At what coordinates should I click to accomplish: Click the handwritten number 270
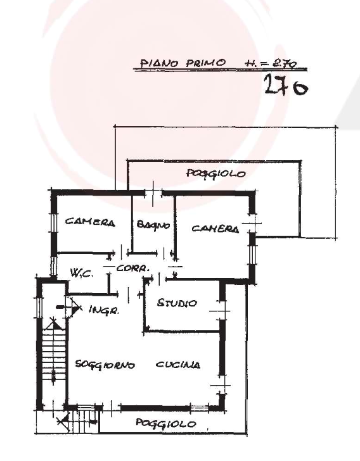[286, 85]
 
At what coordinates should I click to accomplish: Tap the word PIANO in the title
[159, 63]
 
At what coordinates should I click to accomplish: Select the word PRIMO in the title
[206, 63]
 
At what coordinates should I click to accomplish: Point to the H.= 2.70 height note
[270, 63]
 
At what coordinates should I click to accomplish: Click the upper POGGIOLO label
[216, 174]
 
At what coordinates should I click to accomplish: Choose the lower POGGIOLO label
[165, 424]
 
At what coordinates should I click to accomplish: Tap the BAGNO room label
[153, 225]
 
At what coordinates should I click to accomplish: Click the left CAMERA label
[90, 222]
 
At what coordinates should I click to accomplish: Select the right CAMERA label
[215, 229]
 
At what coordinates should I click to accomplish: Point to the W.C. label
[82, 273]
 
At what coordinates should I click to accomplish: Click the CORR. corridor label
[132, 268]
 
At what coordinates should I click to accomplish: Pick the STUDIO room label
[177, 303]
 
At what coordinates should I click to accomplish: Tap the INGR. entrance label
[104, 310]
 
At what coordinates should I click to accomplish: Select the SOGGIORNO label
[105, 365]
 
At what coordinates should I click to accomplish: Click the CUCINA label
[178, 365]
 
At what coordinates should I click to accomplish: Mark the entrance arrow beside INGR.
[70, 308]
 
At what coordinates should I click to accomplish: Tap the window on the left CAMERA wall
[54, 223]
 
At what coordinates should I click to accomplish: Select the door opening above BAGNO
[153, 194]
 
